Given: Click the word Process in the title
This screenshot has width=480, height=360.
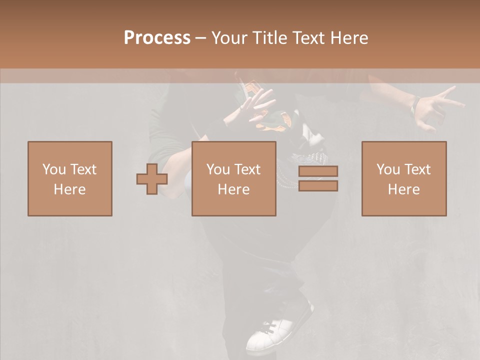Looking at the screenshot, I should click(x=157, y=38).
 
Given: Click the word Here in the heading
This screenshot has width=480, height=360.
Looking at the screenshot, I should click(x=349, y=38).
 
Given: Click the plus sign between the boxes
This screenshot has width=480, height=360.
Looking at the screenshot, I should click(x=152, y=179).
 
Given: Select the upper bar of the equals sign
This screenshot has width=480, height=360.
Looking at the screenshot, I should click(x=318, y=171).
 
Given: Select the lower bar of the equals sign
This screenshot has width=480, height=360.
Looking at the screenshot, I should click(x=318, y=186).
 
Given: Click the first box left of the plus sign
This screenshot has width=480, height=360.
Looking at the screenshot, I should click(x=70, y=178).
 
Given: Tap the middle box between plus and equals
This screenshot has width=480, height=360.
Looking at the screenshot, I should click(x=234, y=178).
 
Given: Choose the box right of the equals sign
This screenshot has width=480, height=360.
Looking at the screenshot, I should click(x=404, y=178).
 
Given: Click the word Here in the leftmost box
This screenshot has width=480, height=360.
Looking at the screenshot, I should click(x=70, y=189).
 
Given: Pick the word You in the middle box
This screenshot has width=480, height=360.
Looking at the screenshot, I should click(x=218, y=169).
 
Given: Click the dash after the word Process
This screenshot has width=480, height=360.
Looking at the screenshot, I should click(x=201, y=38).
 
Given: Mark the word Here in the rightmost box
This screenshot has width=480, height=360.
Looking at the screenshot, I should click(x=404, y=189).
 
